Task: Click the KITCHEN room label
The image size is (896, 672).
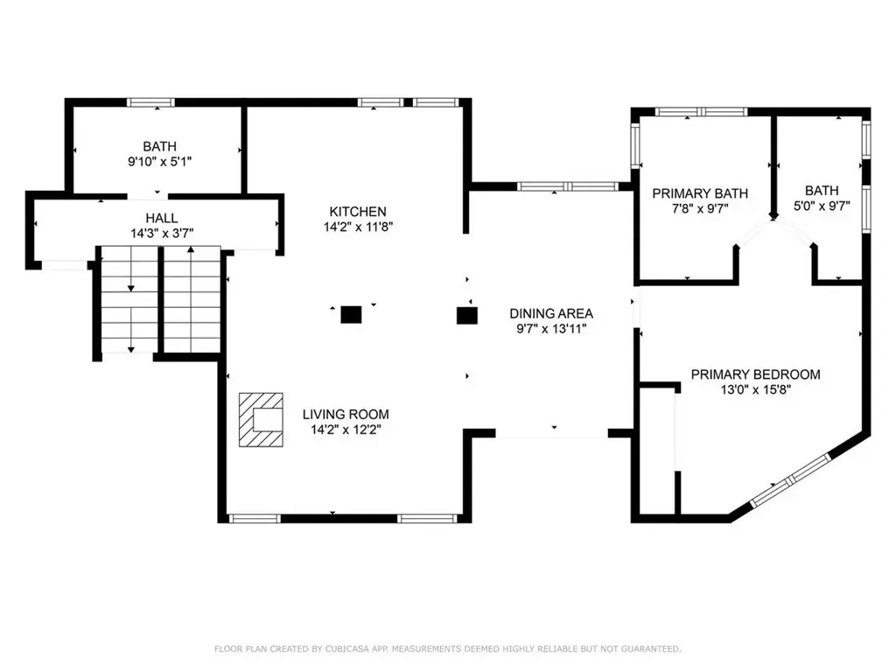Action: pyautogui.click(x=358, y=212)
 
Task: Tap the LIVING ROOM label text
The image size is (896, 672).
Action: pyautogui.click(x=346, y=414)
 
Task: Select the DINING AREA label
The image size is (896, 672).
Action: pyautogui.click(x=551, y=313)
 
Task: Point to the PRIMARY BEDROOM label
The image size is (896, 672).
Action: pyautogui.click(x=755, y=374)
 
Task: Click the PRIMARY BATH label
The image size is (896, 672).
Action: pyautogui.click(x=700, y=193)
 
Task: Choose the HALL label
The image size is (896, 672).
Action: pyautogui.click(x=162, y=218)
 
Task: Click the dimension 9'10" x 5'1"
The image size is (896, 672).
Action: pyautogui.click(x=159, y=162)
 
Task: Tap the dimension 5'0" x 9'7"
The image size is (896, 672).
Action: pyautogui.click(x=822, y=206)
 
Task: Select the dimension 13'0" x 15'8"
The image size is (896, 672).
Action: pyautogui.click(x=755, y=389)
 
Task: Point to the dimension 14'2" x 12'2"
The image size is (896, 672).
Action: pyautogui.click(x=346, y=430)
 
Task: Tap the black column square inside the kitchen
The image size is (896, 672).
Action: pyautogui.click(x=351, y=315)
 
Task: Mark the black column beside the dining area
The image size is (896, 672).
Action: pyautogui.click(x=467, y=316)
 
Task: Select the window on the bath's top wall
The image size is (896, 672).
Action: pyautogui.click(x=150, y=103)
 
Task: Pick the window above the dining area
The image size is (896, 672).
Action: pyautogui.click(x=567, y=186)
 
